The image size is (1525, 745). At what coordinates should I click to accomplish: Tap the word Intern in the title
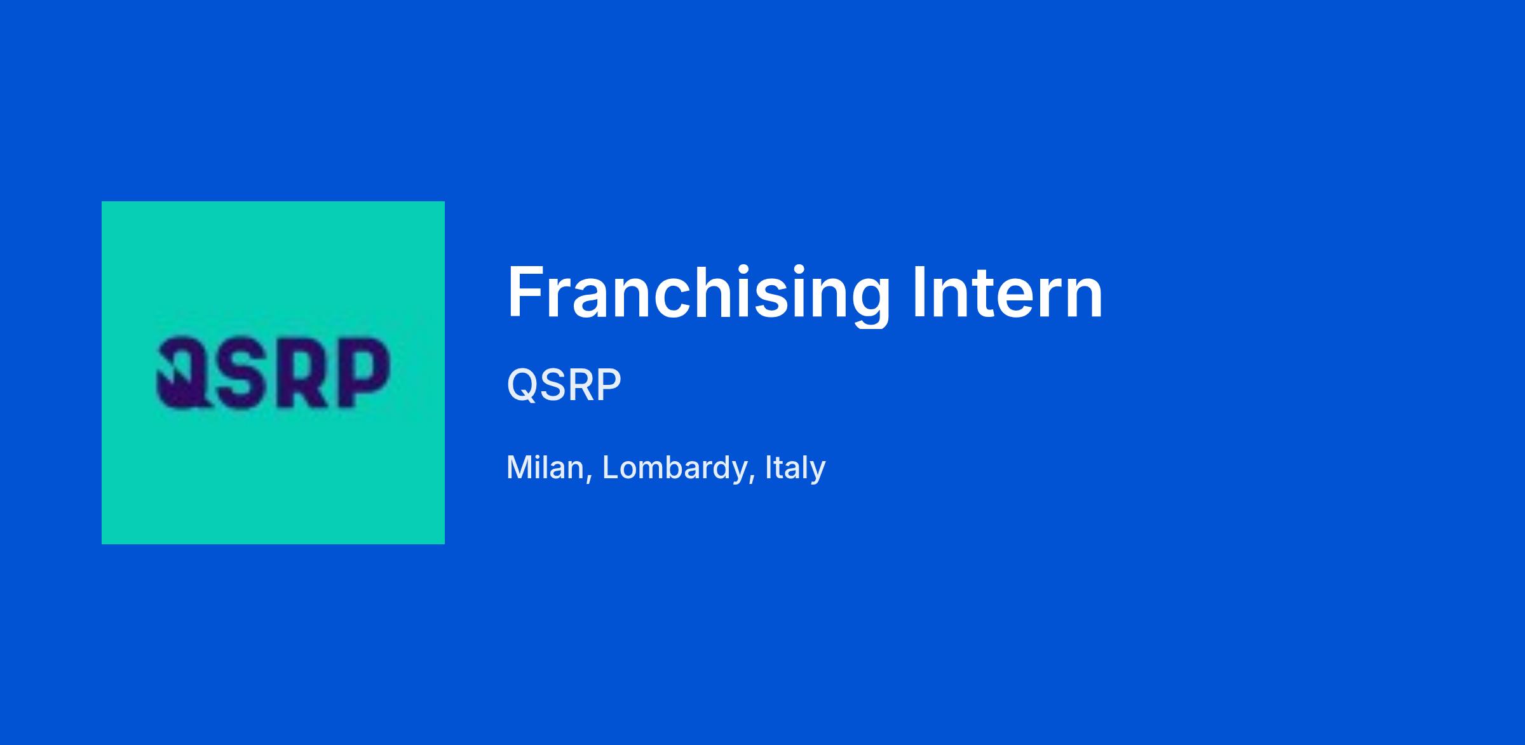pos(1007,292)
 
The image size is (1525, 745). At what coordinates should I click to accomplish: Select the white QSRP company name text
pos(564,385)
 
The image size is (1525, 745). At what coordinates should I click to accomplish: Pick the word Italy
pos(796,469)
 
